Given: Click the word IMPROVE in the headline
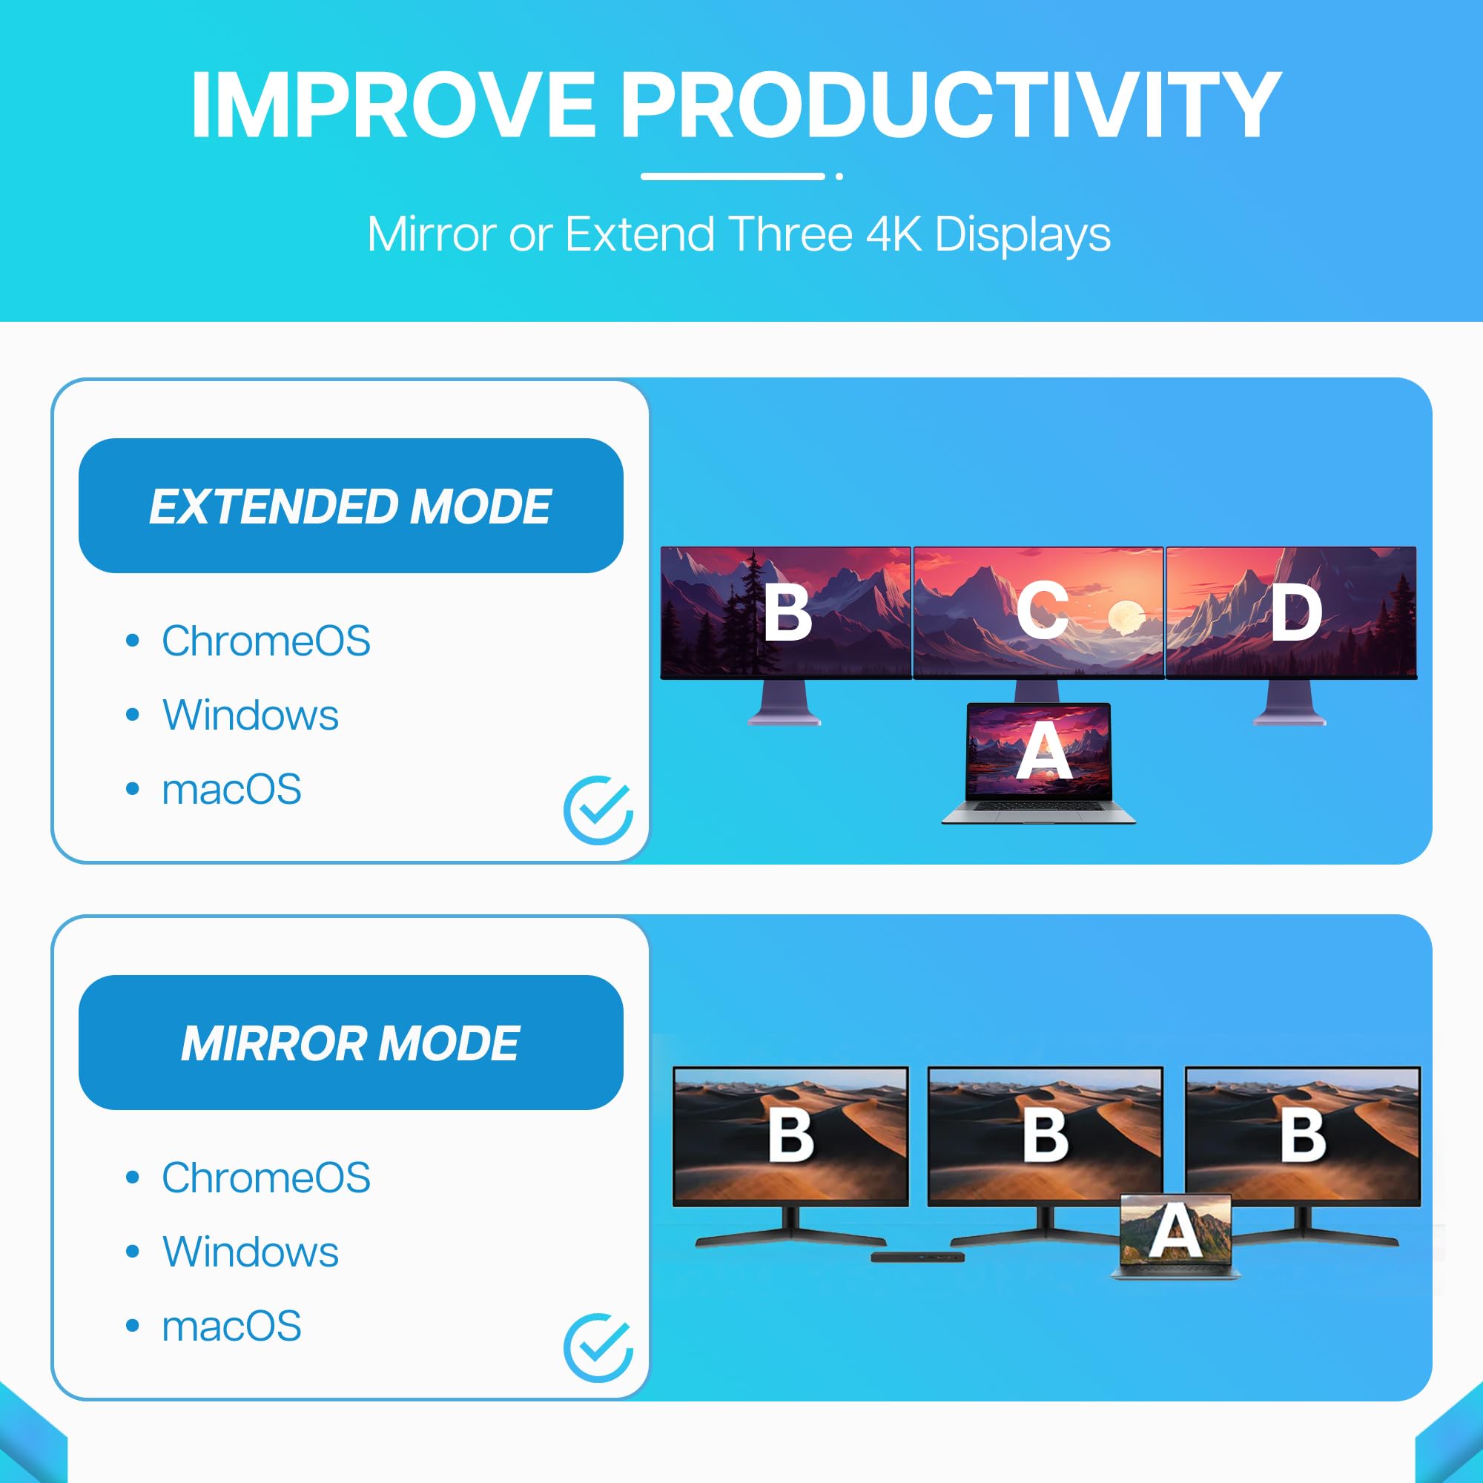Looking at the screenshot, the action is point(392,105).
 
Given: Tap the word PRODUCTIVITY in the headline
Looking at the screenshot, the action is point(951,105).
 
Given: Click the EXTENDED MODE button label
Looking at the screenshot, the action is point(350,506).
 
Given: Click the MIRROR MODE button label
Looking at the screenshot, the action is point(350,1043).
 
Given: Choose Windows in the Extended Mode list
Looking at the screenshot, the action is point(250,715).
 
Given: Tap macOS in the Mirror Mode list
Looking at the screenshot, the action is point(231,1326).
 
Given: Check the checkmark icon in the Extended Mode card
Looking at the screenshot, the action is point(598,810).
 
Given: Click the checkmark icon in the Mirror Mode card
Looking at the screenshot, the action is point(598,1347).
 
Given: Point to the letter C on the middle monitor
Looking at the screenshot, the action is point(1043,611).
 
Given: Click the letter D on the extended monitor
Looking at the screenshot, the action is point(1296,611).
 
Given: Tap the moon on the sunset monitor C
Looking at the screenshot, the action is point(1126,616).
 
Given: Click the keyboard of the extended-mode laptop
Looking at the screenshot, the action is point(1039,805).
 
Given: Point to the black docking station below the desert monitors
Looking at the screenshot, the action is point(917,1257).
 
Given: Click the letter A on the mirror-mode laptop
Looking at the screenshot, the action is point(1175,1230).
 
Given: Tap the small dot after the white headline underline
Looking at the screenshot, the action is point(840,176).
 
